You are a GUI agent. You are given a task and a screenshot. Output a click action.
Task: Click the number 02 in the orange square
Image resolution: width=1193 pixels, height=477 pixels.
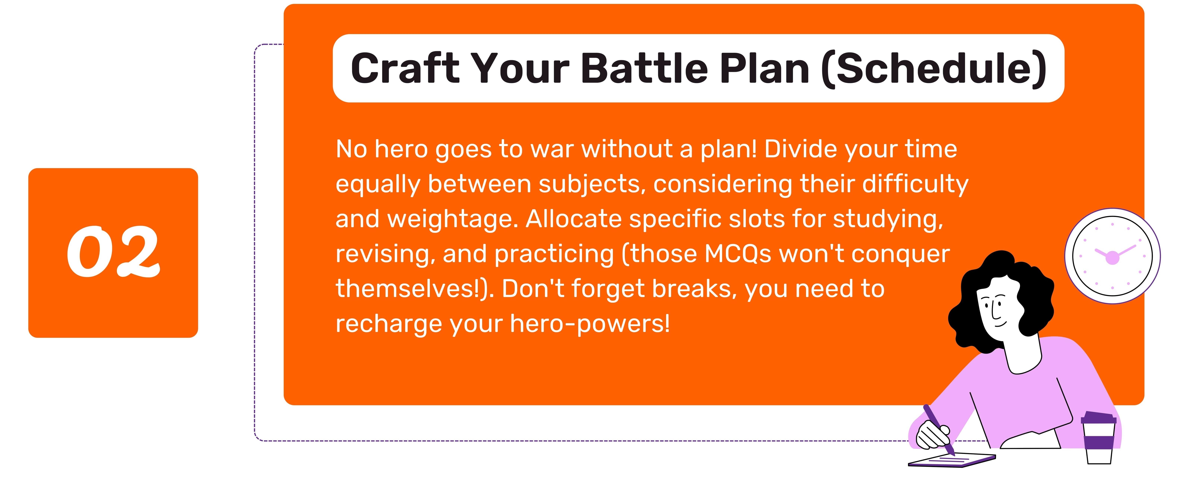(114, 252)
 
